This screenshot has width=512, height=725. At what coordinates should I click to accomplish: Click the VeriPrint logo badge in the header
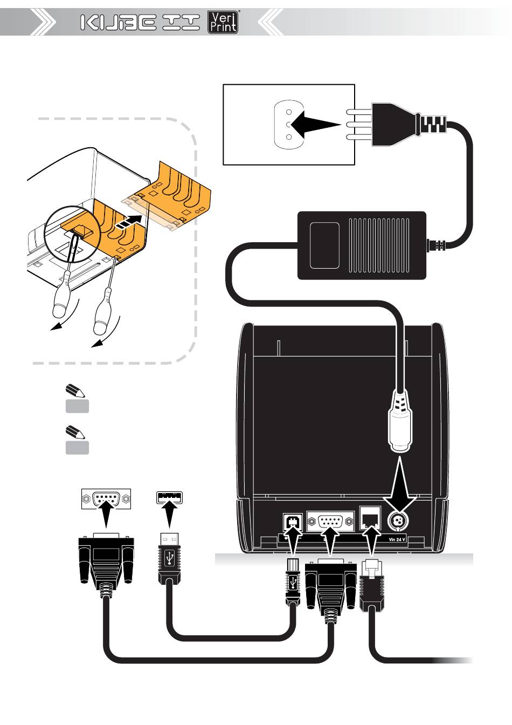point(223,23)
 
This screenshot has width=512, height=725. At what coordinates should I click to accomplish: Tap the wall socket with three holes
point(288,124)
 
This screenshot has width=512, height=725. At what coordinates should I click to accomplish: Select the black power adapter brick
point(362,245)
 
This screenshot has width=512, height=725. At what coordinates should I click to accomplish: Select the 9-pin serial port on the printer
point(330,522)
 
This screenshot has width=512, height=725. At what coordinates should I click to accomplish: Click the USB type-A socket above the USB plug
point(169,497)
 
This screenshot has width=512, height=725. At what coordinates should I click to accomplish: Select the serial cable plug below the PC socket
point(106,560)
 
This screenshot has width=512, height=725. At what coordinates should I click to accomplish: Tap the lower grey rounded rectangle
point(77,448)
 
